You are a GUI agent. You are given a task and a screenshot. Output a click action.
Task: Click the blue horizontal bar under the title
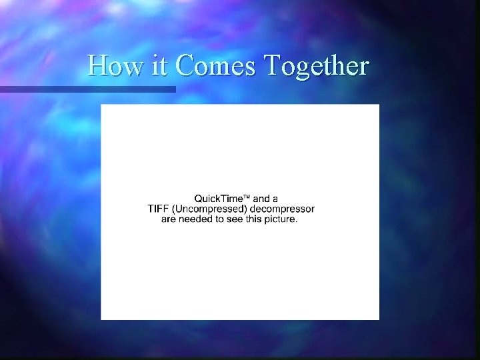pyautogui.click(x=87, y=89)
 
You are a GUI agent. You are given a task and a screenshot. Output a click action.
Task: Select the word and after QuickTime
pyautogui.click(x=261, y=199)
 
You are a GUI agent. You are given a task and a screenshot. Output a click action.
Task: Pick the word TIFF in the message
pyautogui.click(x=158, y=209)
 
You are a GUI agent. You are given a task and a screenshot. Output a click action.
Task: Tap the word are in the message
pyautogui.click(x=169, y=219)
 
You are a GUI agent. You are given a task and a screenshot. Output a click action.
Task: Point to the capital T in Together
pyautogui.click(x=271, y=66)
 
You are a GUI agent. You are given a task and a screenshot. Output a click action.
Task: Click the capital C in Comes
pyautogui.click(x=184, y=66)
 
